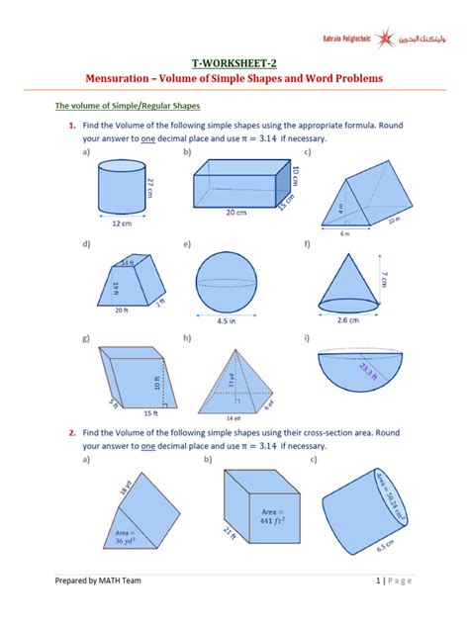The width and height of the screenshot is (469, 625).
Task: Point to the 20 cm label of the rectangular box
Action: (234, 212)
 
